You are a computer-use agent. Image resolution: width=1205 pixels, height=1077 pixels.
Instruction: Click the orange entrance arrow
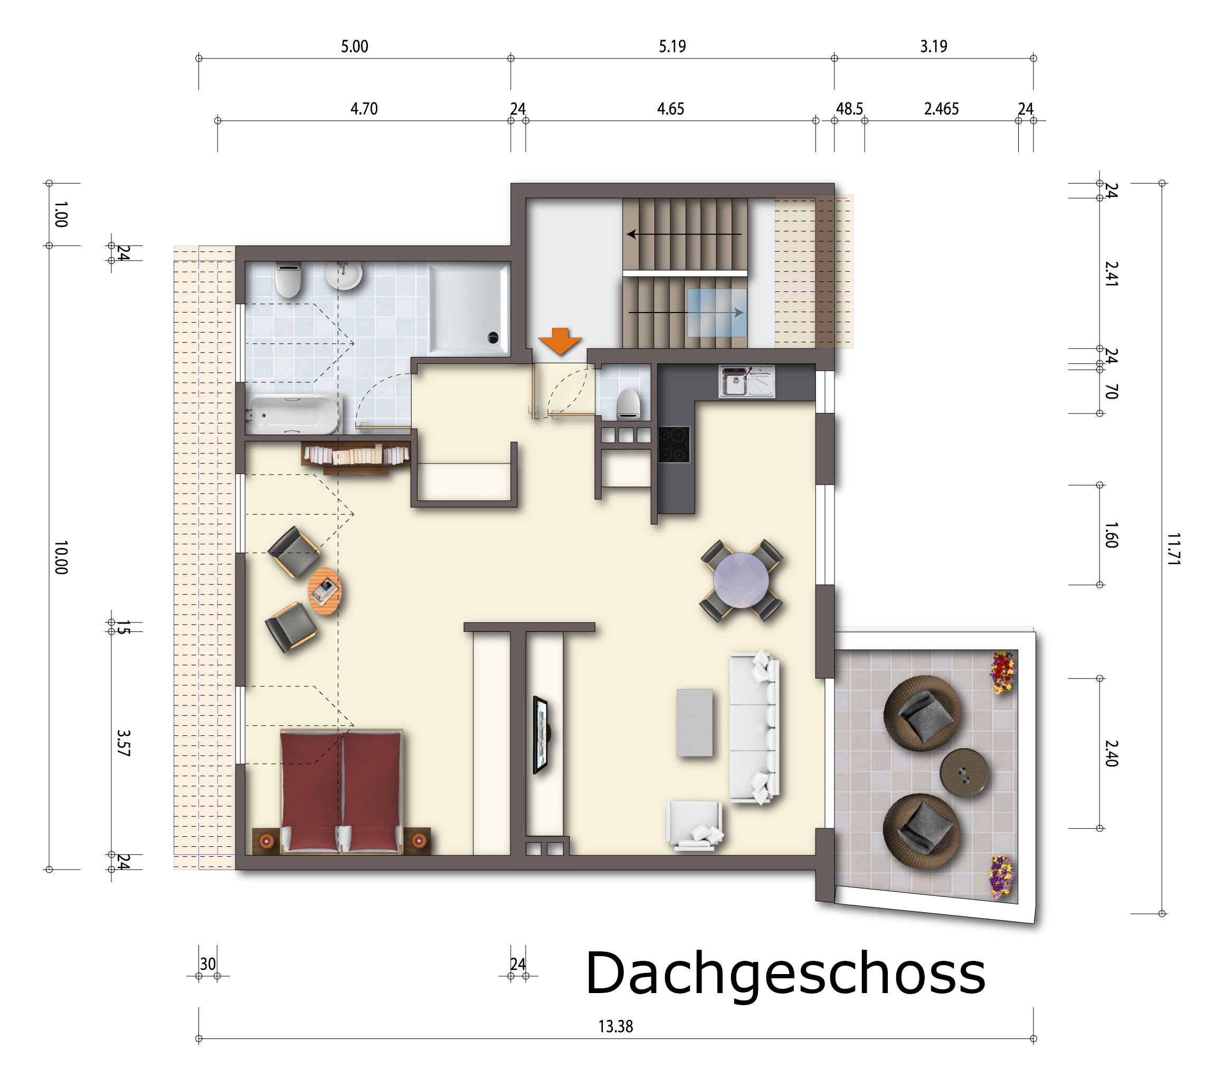point(559,342)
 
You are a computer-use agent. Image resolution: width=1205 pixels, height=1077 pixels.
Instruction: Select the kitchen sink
point(746,382)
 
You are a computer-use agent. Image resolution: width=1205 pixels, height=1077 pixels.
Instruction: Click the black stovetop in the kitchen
point(674,445)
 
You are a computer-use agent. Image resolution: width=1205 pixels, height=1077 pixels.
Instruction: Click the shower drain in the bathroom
point(493,338)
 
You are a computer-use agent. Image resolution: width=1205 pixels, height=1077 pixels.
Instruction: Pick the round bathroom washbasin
point(344,276)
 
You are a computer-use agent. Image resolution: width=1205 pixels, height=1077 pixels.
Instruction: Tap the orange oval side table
point(325,591)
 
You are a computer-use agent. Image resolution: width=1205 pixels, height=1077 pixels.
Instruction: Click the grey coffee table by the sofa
point(695,723)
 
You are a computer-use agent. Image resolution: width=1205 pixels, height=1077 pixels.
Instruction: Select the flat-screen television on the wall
point(540,735)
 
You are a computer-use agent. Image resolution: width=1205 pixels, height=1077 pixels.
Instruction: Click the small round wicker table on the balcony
point(964,773)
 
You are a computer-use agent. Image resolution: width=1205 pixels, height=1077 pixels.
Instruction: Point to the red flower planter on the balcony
point(1003,672)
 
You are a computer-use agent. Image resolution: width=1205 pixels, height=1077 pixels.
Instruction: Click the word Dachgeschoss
point(785,974)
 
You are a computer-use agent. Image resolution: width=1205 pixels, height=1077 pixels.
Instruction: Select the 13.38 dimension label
point(615,1027)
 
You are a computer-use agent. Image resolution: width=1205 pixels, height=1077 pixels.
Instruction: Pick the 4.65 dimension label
point(671,109)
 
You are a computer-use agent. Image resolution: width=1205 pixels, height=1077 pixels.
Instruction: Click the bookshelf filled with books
point(356,457)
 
